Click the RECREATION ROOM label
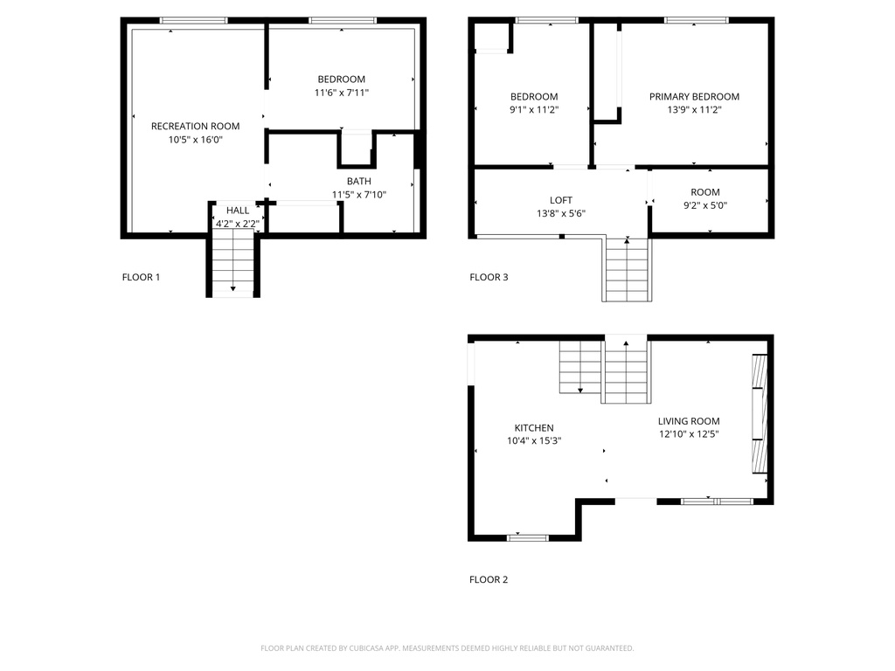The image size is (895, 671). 195,126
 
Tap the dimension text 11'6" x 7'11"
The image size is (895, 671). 342,93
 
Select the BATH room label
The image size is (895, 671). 358,182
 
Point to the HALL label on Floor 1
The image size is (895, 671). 238,211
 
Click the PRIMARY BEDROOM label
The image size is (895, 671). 694,97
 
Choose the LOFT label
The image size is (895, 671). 560,200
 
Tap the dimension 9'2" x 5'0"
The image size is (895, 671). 705,206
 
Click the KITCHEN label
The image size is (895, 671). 533,428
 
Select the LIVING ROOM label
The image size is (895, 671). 689,420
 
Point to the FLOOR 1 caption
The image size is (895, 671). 141,278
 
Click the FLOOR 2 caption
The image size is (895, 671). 489,579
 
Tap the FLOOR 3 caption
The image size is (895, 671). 489,278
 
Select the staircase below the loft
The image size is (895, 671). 627,271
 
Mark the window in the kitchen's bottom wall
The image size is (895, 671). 527,537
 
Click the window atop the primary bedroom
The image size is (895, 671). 697,20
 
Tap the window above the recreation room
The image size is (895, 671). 193,20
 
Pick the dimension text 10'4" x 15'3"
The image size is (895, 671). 533,441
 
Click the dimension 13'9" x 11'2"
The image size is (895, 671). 694,110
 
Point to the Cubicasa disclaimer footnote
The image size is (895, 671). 447,648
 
